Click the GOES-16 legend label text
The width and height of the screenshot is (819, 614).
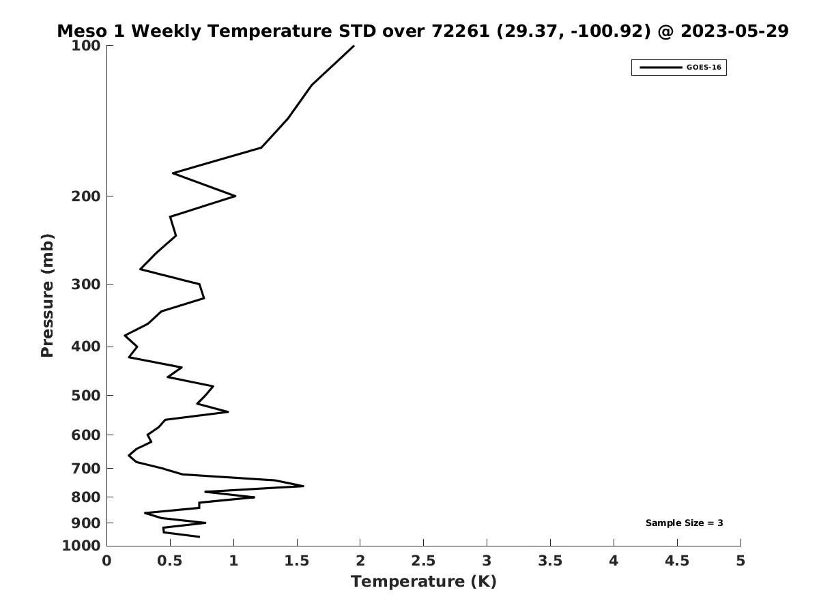(x=704, y=68)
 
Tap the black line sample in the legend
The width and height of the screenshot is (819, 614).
(x=661, y=68)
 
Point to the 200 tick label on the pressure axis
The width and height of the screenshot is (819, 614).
(x=86, y=196)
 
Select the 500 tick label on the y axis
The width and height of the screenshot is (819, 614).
(x=86, y=396)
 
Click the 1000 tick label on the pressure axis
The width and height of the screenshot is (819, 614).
(x=81, y=546)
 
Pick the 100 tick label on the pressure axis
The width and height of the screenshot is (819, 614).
(x=86, y=46)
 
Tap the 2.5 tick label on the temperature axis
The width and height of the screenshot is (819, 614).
(x=423, y=561)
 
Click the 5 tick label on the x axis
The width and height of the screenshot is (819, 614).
(x=741, y=561)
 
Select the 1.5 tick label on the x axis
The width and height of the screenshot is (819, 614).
(x=297, y=561)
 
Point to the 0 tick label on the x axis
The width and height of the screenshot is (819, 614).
(x=106, y=561)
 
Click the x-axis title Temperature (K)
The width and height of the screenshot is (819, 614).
(x=424, y=582)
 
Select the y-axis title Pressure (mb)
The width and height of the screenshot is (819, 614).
(x=47, y=295)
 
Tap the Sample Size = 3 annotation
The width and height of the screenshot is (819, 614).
(x=685, y=523)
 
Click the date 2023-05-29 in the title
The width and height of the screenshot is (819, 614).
(x=734, y=31)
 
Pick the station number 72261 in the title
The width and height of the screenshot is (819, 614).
(x=461, y=31)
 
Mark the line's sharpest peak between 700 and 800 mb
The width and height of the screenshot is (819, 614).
(x=303, y=486)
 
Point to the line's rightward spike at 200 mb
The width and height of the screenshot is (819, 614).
(x=235, y=196)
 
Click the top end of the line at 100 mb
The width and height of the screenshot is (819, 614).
(x=354, y=46)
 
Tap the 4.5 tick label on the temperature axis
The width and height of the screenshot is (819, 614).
(x=677, y=561)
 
